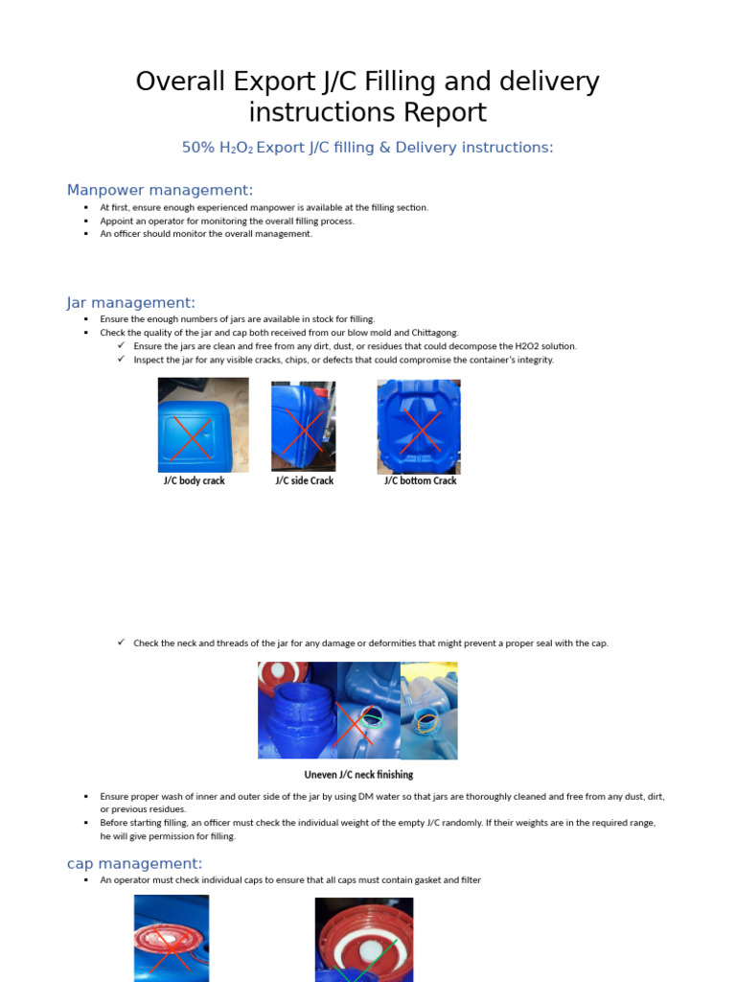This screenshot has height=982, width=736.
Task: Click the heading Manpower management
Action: click(160, 190)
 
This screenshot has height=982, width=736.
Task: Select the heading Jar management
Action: click(131, 303)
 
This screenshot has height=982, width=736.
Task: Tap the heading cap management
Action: click(135, 863)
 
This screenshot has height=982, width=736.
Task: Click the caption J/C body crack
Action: click(195, 480)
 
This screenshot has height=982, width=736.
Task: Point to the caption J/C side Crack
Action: click(304, 480)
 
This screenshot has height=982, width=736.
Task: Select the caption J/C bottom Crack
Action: click(420, 480)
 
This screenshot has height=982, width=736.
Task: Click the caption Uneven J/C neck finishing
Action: click(358, 774)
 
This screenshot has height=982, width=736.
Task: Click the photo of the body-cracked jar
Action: click(203, 425)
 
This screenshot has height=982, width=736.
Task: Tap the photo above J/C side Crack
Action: click(303, 426)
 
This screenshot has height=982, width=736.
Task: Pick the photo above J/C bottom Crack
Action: click(419, 426)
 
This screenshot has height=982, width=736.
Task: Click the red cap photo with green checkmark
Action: click(364, 940)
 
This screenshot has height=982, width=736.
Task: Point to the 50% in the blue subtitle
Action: click(198, 148)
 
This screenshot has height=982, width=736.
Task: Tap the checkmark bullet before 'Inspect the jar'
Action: click(122, 359)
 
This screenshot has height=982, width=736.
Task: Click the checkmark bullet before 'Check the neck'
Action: click(122, 642)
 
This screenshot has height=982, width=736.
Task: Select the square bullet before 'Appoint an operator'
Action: click(85, 221)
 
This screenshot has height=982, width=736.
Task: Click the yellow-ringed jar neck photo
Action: click(428, 711)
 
